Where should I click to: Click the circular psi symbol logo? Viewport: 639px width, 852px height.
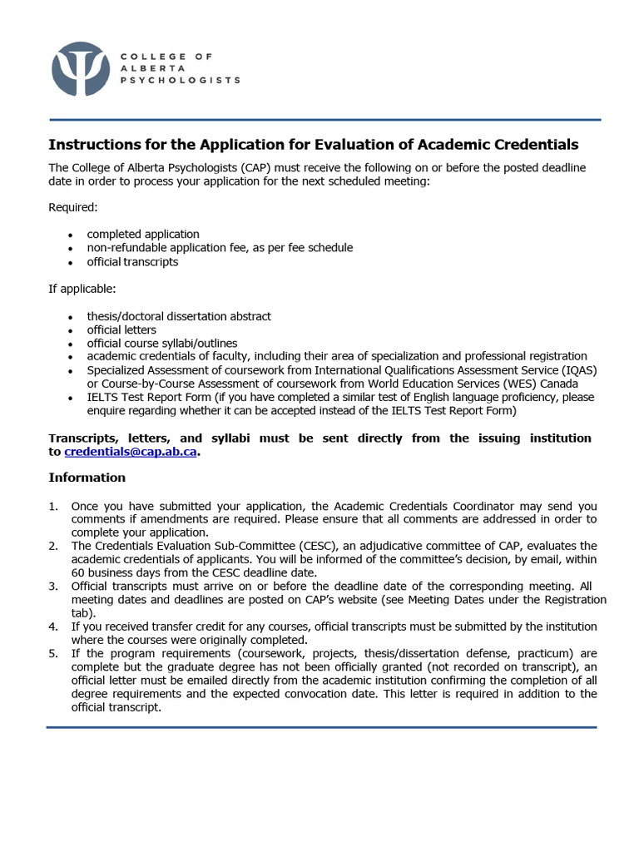pos(80,69)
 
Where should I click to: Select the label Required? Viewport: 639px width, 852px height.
pos(73,207)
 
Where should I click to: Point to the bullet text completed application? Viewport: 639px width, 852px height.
pos(143,235)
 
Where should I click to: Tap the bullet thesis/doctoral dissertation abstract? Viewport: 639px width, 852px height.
pos(179,316)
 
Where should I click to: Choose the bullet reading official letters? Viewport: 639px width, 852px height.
pos(121,329)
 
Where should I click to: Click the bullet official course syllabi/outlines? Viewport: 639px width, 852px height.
pos(162,343)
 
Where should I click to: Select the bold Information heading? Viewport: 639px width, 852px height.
pos(87,478)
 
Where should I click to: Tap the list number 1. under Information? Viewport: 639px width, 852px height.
pos(53,506)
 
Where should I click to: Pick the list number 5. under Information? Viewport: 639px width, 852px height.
pos(53,653)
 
